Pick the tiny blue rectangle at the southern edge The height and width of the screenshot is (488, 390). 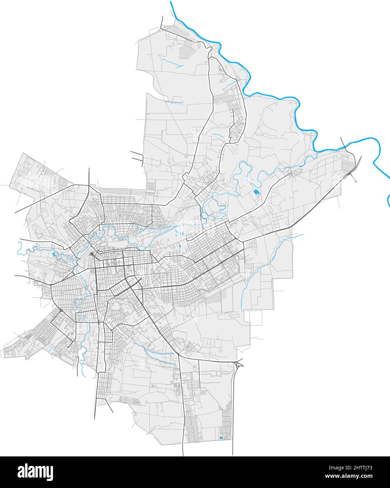click(x=221, y=437)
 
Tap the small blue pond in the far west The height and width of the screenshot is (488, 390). click(x=53, y=254)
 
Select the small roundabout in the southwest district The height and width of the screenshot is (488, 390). click(x=61, y=310)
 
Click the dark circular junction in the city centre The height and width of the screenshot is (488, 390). click(x=91, y=253)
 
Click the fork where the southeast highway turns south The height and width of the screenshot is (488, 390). click(x=178, y=355)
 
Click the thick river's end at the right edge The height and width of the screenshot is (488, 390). click(x=389, y=204)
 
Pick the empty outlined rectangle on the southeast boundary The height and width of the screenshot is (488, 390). click(x=256, y=318)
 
